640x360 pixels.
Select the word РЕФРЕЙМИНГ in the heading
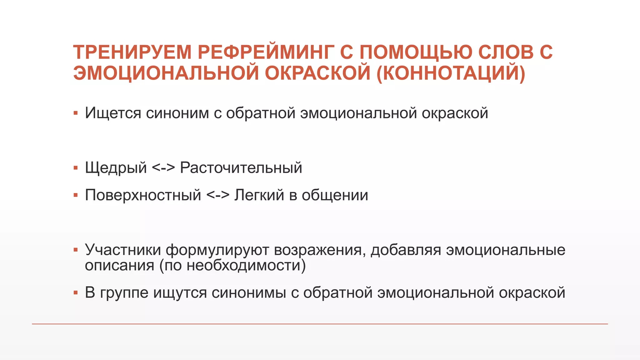[x=266, y=52]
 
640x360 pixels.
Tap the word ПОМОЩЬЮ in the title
[x=416, y=52]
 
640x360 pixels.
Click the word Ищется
[x=113, y=113]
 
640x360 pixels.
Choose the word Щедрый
[x=116, y=168]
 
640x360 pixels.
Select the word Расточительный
[x=241, y=168]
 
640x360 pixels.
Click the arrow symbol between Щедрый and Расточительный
[x=163, y=168]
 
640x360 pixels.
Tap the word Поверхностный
[x=143, y=195]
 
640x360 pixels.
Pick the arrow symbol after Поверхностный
[x=218, y=195]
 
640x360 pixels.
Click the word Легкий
[x=259, y=195]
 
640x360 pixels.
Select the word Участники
[x=123, y=250]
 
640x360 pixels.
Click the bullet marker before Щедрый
[x=75, y=168]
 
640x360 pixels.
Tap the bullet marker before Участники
[x=75, y=250]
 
